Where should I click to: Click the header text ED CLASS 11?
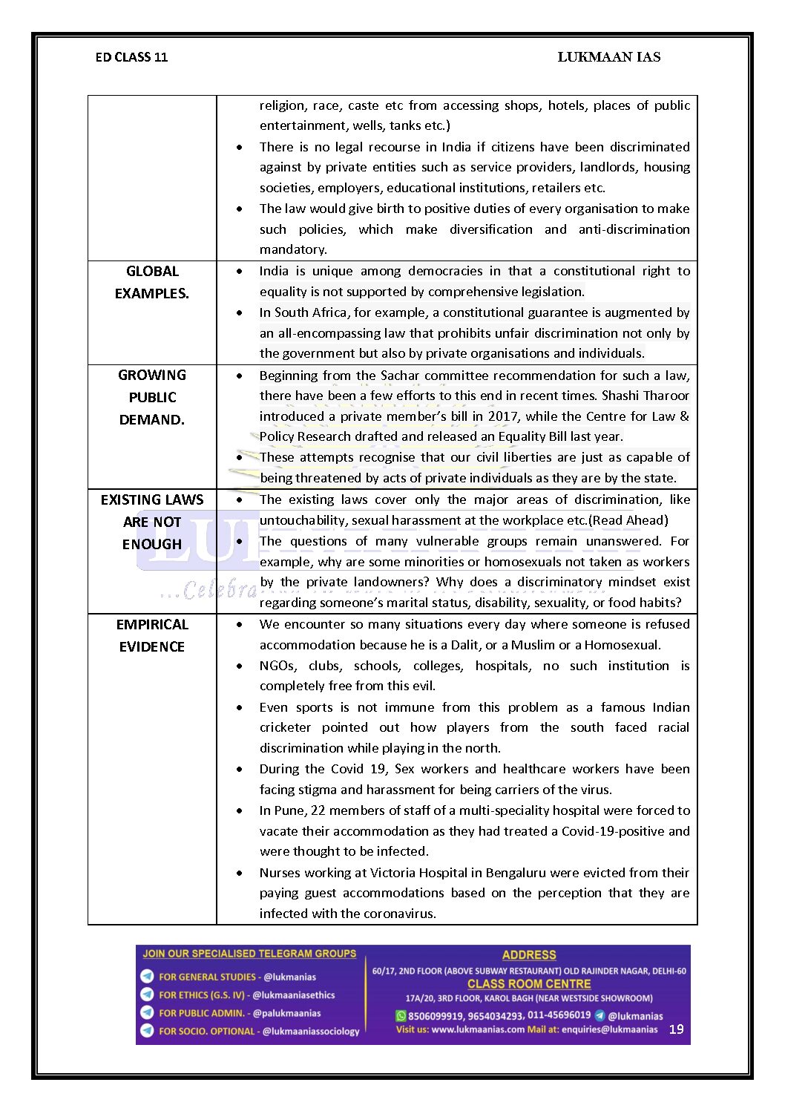click(131, 57)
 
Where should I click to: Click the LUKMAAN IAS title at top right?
click(608, 57)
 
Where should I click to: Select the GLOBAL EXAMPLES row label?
click(152, 282)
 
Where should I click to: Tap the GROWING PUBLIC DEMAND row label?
click(152, 397)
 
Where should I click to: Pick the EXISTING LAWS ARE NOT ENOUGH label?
click(152, 522)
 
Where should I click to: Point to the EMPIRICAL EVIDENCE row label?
click(152, 635)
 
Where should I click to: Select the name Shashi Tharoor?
click(646, 396)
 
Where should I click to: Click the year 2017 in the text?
click(503, 416)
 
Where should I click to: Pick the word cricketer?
click(286, 727)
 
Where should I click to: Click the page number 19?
click(676, 1029)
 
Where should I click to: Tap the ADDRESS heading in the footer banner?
click(529, 955)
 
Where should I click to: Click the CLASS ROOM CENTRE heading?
click(529, 984)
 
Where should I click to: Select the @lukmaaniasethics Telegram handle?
click(294, 995)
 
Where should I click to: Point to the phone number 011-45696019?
click(559, 1015)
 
